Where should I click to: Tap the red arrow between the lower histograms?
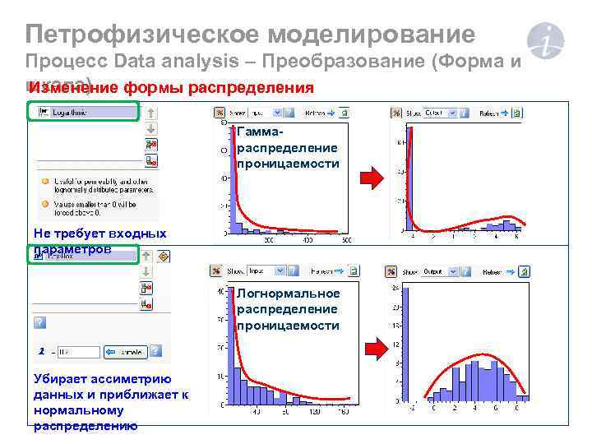click(375, 349)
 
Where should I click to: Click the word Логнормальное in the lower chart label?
click(288, 294)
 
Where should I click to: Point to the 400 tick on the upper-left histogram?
click(308, 240)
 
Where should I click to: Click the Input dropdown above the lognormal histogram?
click(266, 269)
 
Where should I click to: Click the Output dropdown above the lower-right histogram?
click(438, 271)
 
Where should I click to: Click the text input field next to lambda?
click(77, 352)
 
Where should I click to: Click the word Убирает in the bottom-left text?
click(60, 379)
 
